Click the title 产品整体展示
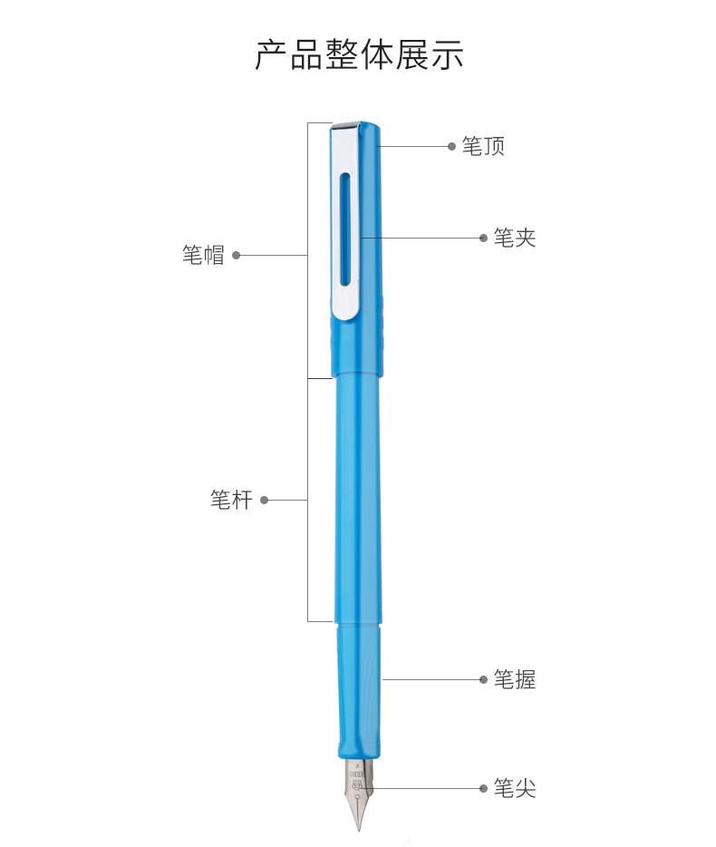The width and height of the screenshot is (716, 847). coord(359,54)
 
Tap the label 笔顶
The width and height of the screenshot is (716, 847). coord(483,146)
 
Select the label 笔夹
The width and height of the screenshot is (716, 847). coord(515,238)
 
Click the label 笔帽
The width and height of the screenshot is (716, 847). coord(203,255)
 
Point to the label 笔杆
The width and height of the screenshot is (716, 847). coord(231,500)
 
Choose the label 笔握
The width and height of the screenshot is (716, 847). coord(515,679)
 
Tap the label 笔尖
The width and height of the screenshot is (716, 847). coord(515,788)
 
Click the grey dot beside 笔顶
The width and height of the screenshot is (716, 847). coord(452,146)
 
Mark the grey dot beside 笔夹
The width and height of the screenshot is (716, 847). coord(483,238)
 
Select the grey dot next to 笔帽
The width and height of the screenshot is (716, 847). coord(236,255)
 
